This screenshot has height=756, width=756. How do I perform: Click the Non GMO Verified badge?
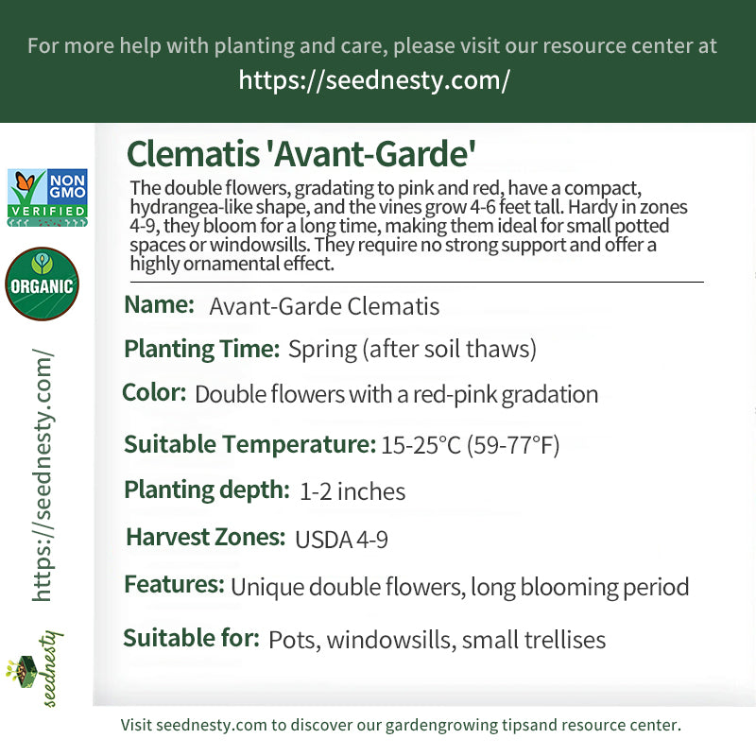(47, 198)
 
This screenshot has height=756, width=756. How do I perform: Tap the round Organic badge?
(42, 283)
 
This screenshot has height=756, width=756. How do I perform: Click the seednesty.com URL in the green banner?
(374, 80)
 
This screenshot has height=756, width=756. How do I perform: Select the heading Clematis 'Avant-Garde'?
(301, 154)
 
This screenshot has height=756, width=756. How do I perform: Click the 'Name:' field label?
(159, 304)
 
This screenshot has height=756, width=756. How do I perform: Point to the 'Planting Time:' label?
(202, 349)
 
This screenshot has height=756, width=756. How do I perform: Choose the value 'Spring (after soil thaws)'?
(412, 349)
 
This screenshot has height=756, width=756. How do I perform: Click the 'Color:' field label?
(154, 392)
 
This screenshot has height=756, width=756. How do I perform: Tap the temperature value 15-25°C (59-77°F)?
(470, 444)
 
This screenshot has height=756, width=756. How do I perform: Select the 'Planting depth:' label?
(207, 490)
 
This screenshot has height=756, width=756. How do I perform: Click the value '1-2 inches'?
(352, 491)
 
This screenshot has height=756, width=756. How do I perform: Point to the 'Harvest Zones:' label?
(206, 537)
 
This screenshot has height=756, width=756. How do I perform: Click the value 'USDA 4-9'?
(341, 540)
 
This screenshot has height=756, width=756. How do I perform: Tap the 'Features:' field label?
(175, 584)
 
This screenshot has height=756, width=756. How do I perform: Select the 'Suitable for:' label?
(192, 638)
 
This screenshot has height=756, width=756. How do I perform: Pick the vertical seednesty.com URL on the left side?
(43, 475)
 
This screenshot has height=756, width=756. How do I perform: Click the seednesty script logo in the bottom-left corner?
(35, 669)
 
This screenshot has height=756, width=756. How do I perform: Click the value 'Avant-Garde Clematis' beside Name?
(324, 306)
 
